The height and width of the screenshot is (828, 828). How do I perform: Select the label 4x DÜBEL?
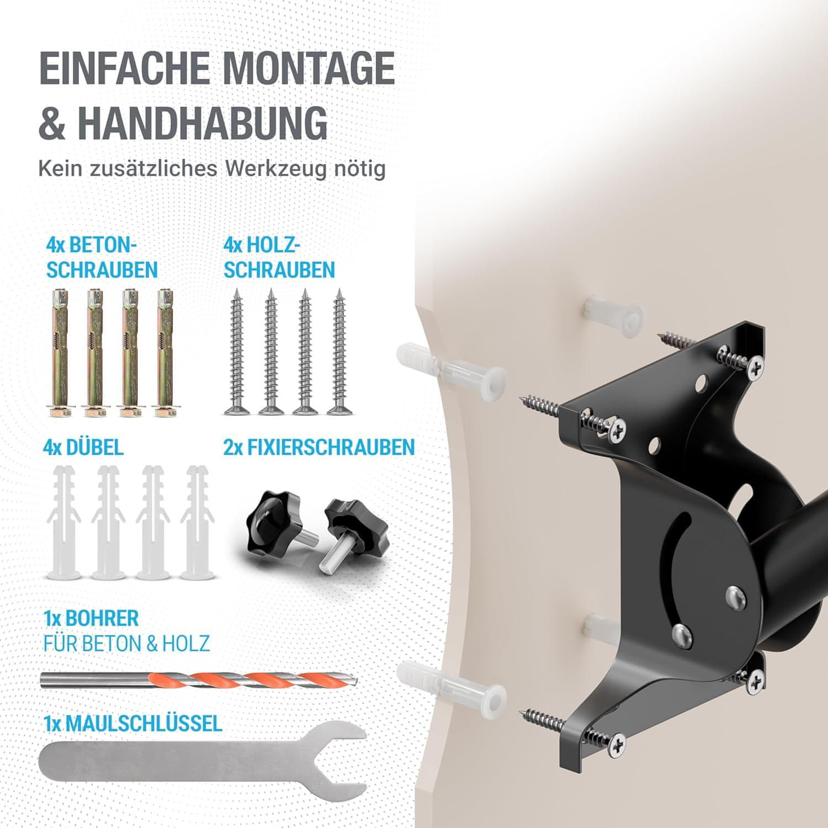point(83,447)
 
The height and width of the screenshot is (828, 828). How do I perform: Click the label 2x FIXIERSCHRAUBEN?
point(319,447)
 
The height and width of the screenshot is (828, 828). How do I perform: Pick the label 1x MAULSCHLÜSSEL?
point(133,723)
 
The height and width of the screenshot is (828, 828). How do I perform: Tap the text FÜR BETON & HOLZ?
point(126,643)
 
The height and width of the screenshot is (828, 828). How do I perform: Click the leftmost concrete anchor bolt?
point(60,352)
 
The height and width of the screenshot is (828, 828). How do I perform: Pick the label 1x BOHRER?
point(91,618)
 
